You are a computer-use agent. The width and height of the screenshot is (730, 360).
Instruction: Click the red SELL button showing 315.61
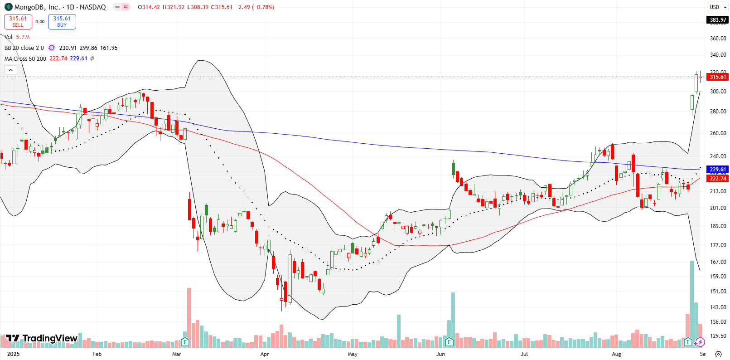tap(18, 21)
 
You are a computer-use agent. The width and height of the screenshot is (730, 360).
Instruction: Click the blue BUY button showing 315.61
tap(62, 21)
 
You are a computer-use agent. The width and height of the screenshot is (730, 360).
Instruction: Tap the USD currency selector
tap(717, 7)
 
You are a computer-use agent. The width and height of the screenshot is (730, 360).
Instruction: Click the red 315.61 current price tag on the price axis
tap(717, 77)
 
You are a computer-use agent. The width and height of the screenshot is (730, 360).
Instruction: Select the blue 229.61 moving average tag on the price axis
tap(717, 170)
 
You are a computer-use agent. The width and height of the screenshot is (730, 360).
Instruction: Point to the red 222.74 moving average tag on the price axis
tap(717, 179)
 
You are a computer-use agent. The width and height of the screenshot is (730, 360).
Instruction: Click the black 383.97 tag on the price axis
tap(717, 20)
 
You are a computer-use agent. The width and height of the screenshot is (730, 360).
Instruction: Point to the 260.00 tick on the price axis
tap(718, 133)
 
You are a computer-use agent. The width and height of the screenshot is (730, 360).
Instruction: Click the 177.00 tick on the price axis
tap(718, 245)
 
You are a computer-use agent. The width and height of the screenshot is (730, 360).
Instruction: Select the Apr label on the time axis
tap(265, 354)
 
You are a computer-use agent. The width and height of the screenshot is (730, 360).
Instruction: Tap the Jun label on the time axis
tap(440, 354)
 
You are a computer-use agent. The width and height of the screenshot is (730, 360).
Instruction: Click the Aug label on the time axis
tap(616, 354)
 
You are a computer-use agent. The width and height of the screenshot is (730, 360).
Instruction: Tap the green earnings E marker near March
tap(185, 342)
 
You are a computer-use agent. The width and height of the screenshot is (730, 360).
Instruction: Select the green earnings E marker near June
tap(449, 342)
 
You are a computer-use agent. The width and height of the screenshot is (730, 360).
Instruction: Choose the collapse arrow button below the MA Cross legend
tap(10, 70)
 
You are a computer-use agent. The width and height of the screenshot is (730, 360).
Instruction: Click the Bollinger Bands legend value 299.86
tap(88, 48)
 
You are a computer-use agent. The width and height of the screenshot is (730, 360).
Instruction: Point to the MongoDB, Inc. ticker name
tap(37, 7)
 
